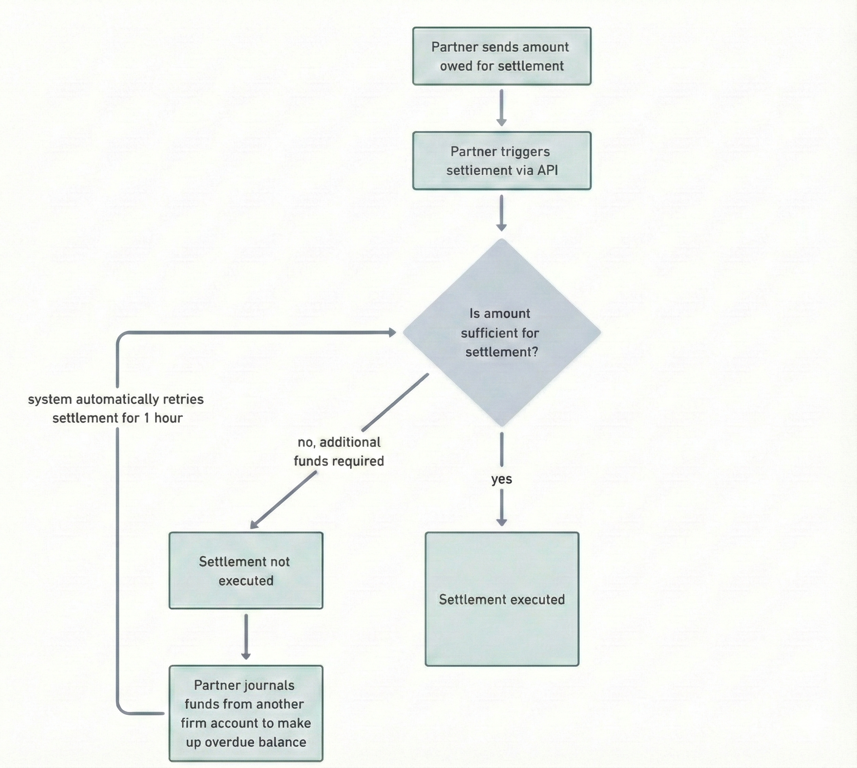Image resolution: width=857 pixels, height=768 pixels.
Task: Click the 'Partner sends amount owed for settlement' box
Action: [x=501, y=56]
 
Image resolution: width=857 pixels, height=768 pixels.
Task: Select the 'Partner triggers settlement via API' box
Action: [x=501, y=161]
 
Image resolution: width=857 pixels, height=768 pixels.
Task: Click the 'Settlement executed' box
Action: [x=501, y=599]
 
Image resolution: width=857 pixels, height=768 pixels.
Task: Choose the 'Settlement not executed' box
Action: [x=246, y=570]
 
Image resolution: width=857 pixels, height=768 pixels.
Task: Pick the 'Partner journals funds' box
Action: [x=246, y=713]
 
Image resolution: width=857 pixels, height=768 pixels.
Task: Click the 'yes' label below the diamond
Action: [x=501, y=479]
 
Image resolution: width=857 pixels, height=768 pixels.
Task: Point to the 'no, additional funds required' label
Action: [x=339, y=452]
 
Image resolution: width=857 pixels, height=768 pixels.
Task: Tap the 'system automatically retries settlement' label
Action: [x=116, y=408]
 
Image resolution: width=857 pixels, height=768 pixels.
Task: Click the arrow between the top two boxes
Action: [x=501, y=107]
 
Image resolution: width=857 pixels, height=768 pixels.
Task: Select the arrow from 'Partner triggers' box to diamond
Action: [x=501, y=212]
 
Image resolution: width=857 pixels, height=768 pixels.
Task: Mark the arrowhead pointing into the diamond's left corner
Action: [x=392, y=332]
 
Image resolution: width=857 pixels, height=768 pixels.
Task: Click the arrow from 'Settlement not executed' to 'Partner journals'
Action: [x=246, y=636]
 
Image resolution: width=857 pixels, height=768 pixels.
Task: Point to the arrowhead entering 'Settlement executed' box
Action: [x=501, y=522]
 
